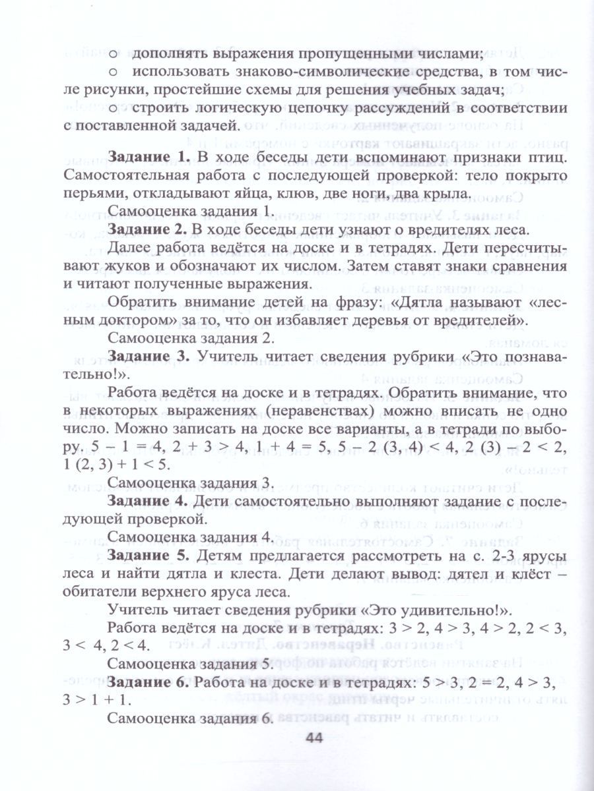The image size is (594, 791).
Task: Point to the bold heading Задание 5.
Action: click(x=148, y=556)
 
